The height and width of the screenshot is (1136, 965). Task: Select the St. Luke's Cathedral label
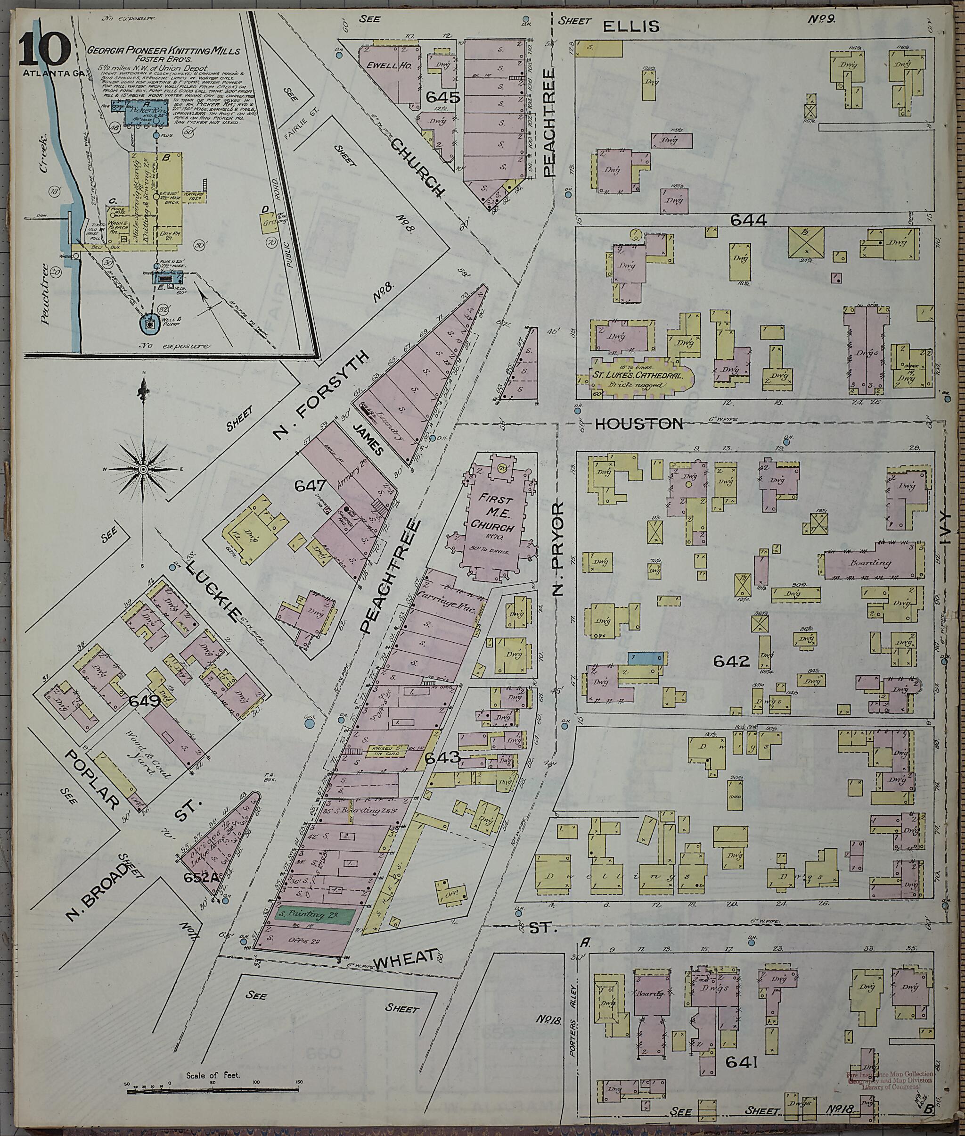(638, 376)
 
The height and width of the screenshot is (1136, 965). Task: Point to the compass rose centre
(143, 469)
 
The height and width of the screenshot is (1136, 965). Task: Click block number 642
(731, 661)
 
